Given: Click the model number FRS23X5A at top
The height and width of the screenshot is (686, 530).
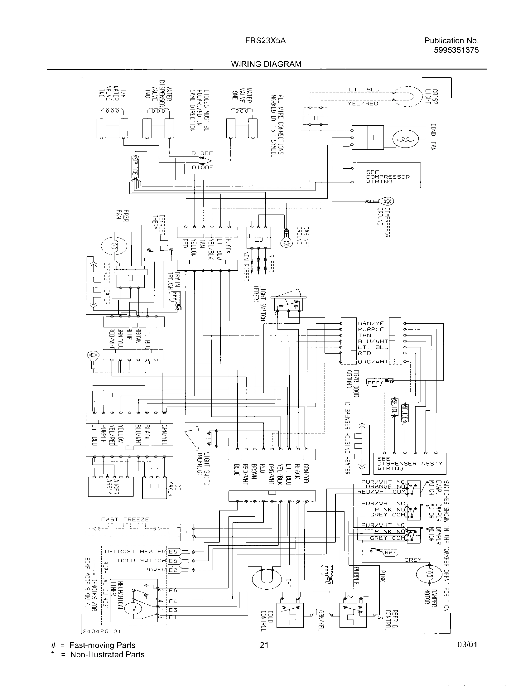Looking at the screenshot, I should [x=265, y=41].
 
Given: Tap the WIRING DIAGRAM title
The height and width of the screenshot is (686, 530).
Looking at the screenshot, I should [x=266, y=64].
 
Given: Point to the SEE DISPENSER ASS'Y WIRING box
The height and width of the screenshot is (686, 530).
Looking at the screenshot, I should [x=409, y=463].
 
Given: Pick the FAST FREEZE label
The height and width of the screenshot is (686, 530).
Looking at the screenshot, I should [x=125, y=519].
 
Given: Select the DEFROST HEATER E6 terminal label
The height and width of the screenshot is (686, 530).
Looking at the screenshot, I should [x=173, y=552].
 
